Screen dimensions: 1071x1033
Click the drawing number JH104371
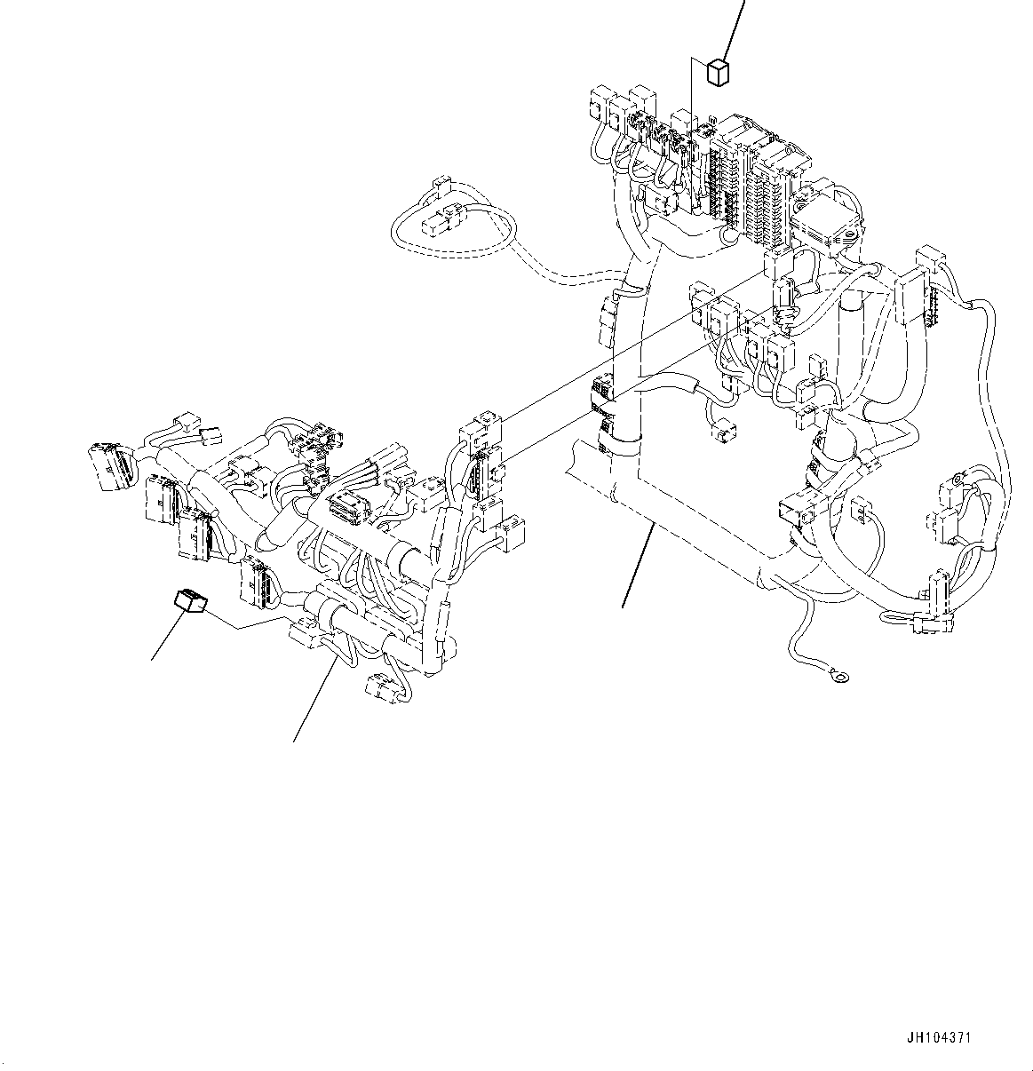[x=945, y=1038]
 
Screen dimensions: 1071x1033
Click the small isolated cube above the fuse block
[x=718, y=72]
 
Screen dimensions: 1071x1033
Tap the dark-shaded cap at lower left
[x=189, y=602]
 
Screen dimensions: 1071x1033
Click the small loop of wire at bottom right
[x=897, y=616]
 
